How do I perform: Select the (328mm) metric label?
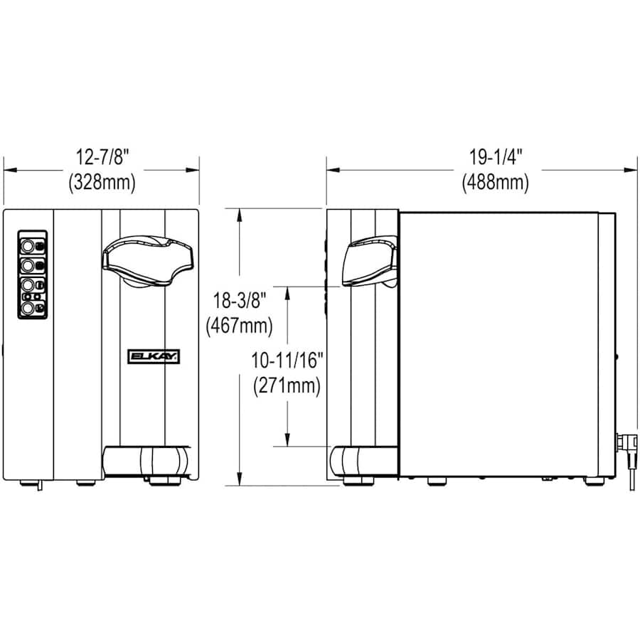[102, 182]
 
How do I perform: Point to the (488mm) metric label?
[496, 182]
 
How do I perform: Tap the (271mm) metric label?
[287, 386]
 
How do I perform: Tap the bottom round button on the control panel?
[27, 308]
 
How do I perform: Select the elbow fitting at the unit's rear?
[626, 448]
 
